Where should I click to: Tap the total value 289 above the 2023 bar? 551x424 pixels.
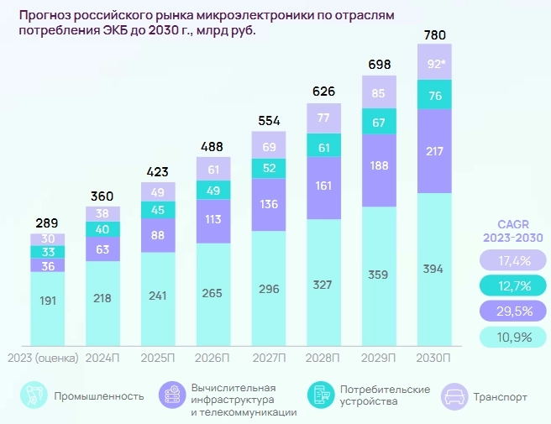click(x=47, y=223)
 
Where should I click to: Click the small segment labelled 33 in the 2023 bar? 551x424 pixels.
click(x=47, y=251)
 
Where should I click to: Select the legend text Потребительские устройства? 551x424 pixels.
click(x=385, y=395)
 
